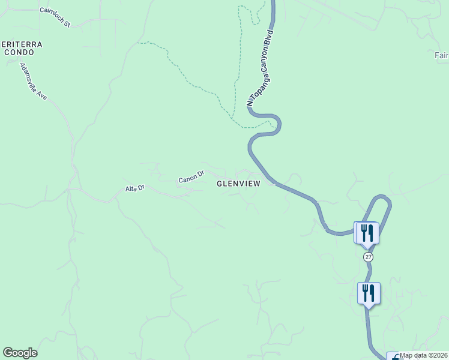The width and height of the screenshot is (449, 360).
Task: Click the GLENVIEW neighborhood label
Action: coord(238,184)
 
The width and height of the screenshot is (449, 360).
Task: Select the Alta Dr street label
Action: coord(135,188)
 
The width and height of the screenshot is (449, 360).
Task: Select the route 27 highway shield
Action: coord(368,257)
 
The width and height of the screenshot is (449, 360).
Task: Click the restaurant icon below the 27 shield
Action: coord(369,293)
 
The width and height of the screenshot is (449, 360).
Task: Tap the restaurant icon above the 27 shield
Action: coord(367,233)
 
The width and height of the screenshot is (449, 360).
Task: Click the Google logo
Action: coord(20,353)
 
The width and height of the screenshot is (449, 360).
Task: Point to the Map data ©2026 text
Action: coord(424,355)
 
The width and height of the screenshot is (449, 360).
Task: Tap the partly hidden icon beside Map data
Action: coord(393,356)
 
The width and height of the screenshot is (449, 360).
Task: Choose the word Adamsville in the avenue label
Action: coord(31,77)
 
